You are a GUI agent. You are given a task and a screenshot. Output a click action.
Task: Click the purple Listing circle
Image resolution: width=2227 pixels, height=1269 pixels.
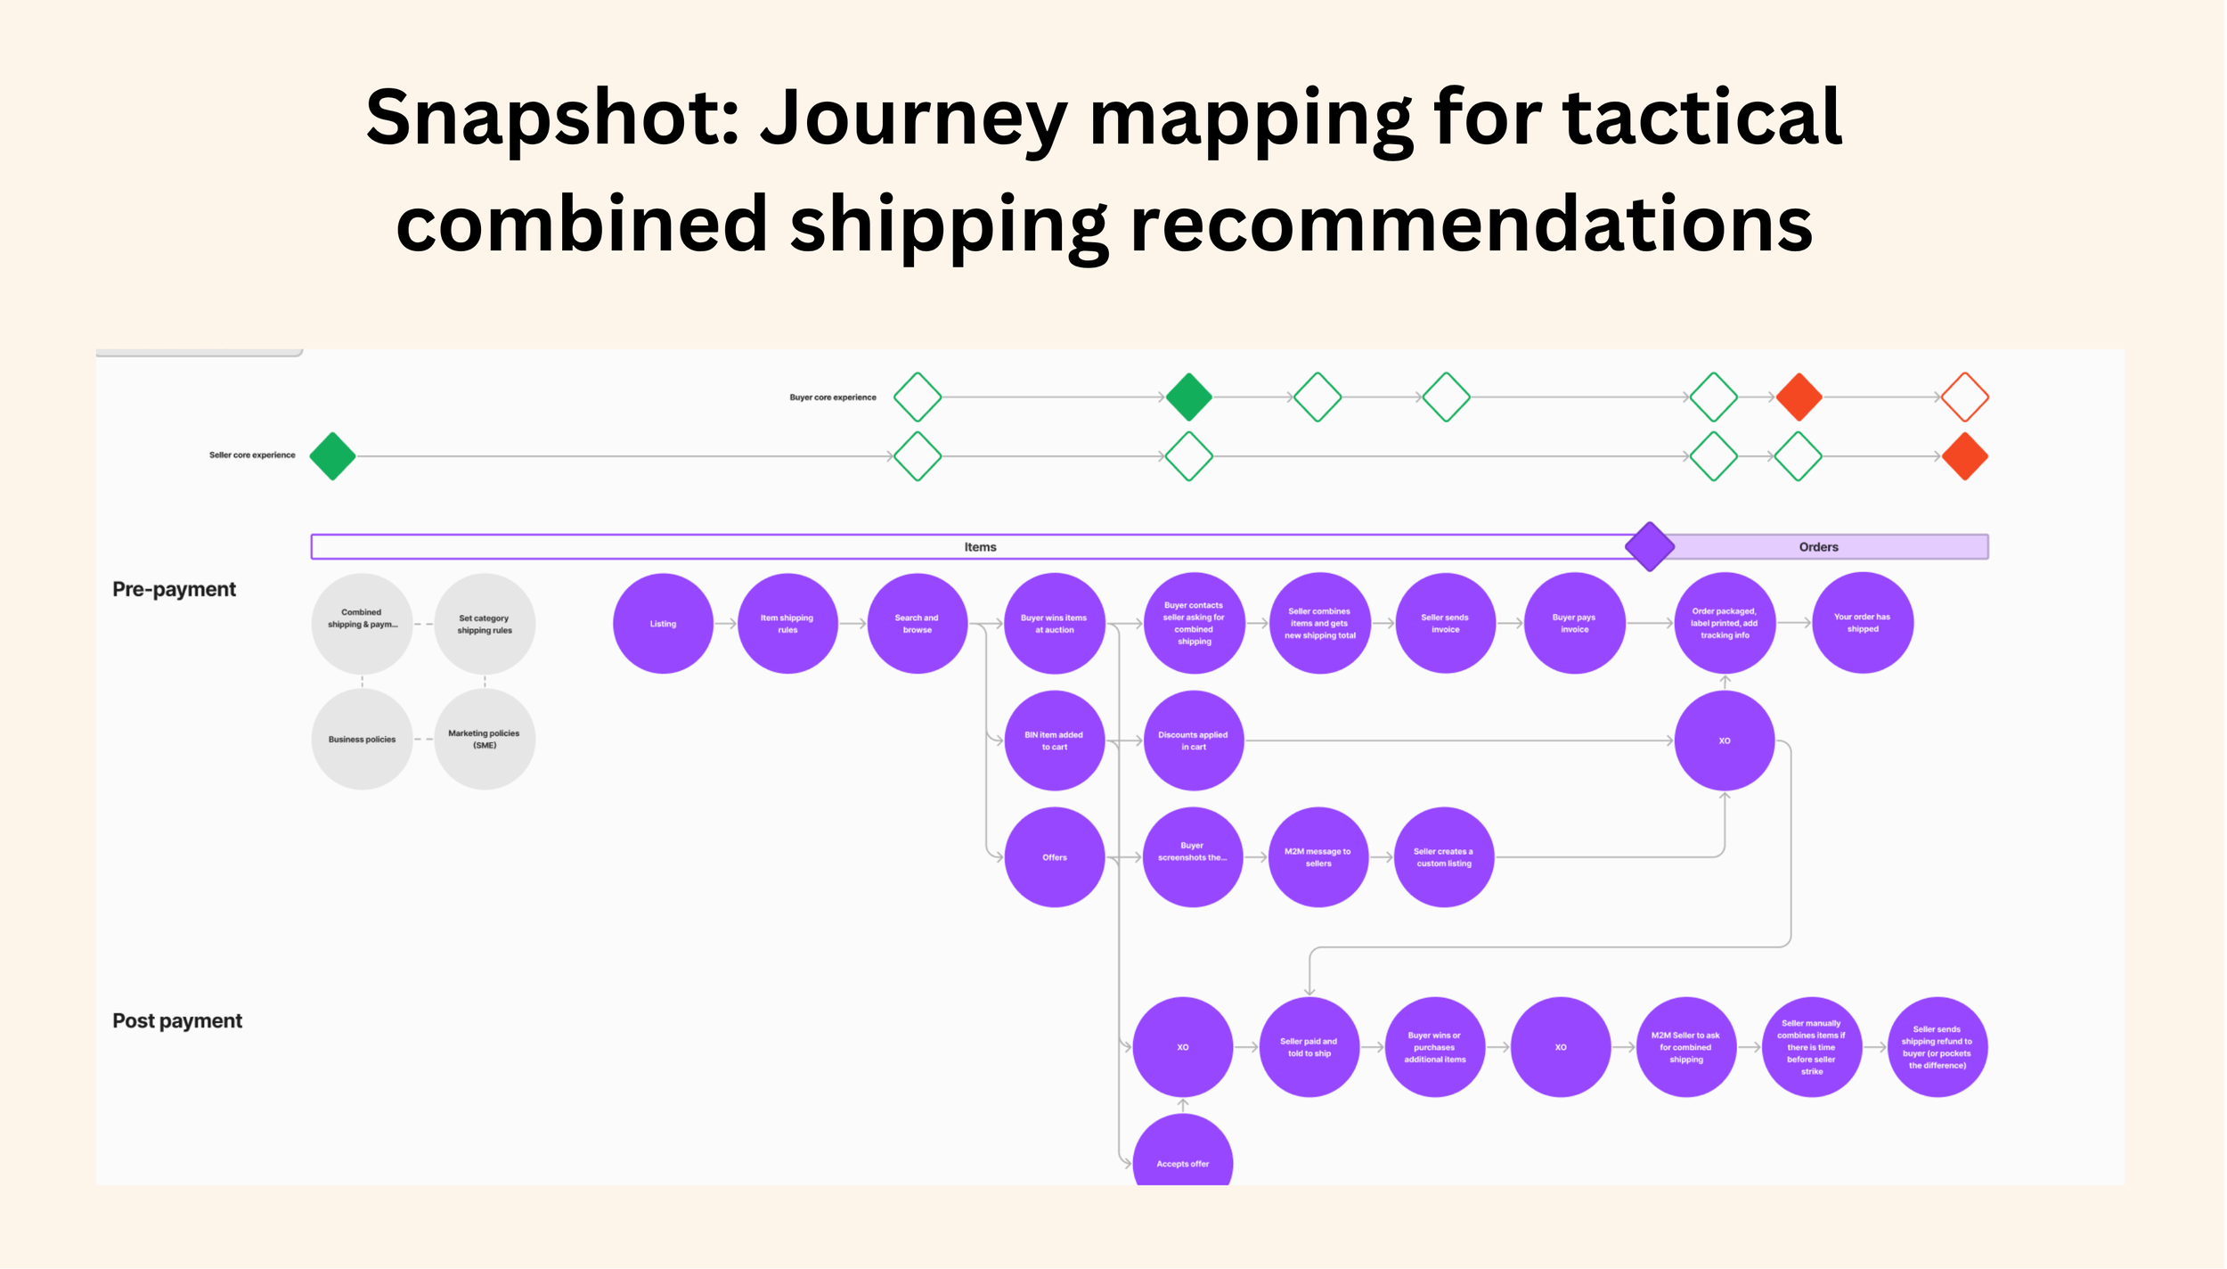(x=663, y=624)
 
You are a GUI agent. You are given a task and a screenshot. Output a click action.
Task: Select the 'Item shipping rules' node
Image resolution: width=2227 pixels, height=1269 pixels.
(x=787, y=624)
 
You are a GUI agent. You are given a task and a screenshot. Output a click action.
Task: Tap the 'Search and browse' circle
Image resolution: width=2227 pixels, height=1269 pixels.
(x=917, y=624)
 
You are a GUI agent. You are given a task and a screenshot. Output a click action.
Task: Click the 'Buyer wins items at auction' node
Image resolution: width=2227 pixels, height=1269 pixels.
(x=1054, y=624)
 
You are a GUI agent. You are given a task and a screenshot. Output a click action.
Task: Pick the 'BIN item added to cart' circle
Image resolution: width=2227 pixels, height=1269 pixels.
(x=1054, y=741)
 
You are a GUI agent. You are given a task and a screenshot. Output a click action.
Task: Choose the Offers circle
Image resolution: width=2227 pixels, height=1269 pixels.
(x=1054, y=857)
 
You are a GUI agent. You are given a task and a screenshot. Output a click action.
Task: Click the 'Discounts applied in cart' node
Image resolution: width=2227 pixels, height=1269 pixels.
(x=1193, y=741)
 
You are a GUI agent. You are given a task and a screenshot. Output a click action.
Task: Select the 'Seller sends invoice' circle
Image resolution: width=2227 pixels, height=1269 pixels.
(x=1445, y=624)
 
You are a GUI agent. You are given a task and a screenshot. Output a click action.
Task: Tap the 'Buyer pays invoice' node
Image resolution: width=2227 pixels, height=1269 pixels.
(x=1574, y=624)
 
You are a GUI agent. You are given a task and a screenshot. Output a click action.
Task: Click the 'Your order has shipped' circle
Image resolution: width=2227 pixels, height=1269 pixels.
(x=1862, y=624)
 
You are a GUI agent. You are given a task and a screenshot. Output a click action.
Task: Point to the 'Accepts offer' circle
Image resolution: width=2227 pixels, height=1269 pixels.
(x=1182, y=1158)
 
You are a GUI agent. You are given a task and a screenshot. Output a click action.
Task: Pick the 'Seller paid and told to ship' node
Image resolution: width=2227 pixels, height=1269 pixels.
(x=1309, y=1047)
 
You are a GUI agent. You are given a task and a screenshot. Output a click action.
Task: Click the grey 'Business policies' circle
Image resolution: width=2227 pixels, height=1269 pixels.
(x=362, y=740)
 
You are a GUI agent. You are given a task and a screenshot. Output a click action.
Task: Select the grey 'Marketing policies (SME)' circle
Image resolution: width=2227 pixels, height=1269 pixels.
(x=484, y=740)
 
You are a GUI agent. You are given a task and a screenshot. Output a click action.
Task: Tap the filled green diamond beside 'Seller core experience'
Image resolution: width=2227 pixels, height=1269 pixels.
(x=332, y=456)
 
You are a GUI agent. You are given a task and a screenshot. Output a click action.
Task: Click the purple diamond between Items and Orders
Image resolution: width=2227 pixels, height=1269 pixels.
(x=1649, y=546)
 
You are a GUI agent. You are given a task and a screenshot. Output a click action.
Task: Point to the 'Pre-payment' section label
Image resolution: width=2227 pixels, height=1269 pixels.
(x=174, y=589)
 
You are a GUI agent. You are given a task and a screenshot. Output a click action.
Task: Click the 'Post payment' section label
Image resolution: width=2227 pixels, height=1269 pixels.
(x=176, y=1021)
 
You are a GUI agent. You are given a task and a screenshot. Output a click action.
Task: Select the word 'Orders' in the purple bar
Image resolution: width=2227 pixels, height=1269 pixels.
(x=1818, y=547)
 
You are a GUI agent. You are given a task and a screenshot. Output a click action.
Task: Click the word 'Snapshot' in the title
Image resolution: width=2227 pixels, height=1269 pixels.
(x=552, y=118)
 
